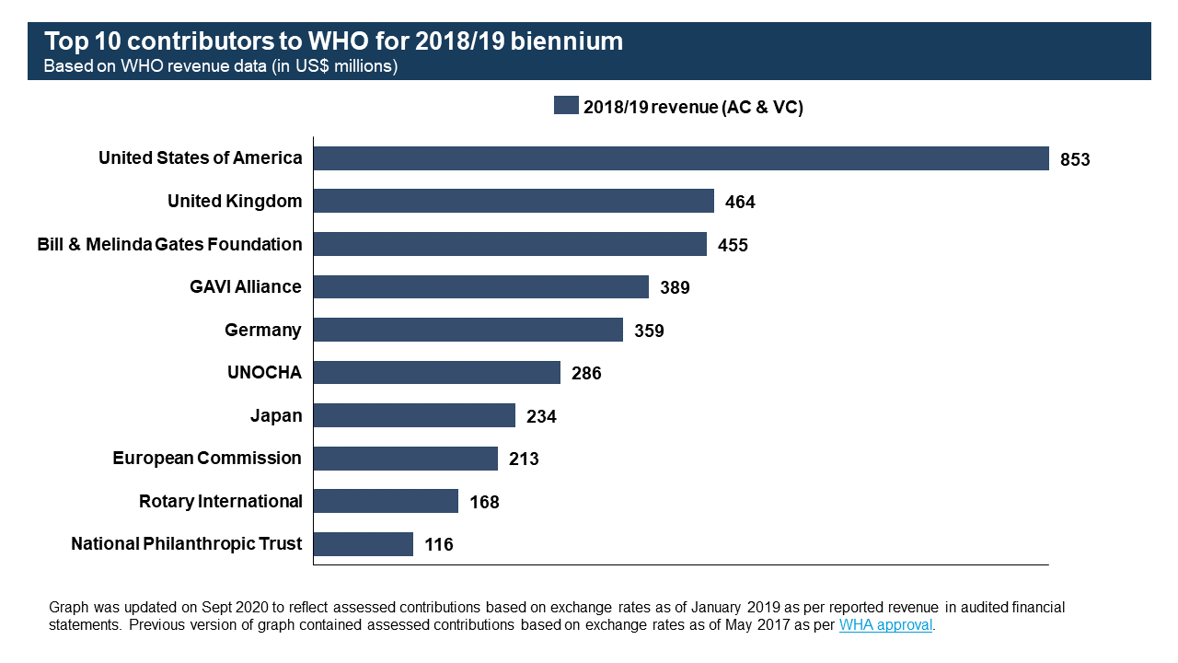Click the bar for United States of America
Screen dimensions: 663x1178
[681, 158]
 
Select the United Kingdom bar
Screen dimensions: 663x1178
[514, 201]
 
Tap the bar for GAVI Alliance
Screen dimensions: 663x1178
[481, 286]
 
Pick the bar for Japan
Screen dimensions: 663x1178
[414, 415]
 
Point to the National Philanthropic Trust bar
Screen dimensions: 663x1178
[364, 544]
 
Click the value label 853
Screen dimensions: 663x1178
[1075, 159]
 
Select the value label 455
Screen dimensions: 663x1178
[733, 245]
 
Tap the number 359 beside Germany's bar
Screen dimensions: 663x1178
[649, 331]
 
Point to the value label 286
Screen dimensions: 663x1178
[586, 373]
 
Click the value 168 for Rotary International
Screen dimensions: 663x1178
[484, 502]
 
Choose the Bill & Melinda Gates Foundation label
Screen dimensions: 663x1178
[169, 244]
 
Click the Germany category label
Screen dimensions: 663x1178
[263, 330]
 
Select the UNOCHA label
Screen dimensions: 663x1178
[264, 372]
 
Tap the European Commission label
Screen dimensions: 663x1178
[207, 458]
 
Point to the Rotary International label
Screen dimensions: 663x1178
[221, 501]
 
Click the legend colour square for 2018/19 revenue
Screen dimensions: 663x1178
[566, 105]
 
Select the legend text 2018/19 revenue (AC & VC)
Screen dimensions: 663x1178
[693, 107]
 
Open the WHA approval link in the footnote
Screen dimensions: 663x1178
[885, 625]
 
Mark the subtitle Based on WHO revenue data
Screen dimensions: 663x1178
[221, 66]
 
